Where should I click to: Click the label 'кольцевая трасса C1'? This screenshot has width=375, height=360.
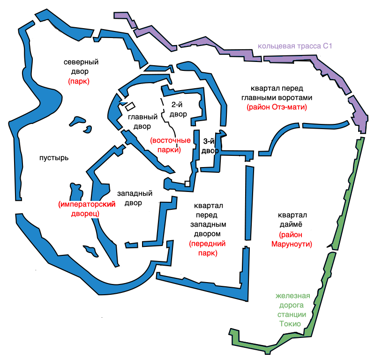coord(294,46)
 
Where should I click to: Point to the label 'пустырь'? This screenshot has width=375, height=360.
coord(53,158)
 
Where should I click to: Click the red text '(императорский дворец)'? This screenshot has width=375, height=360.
coord(86,208)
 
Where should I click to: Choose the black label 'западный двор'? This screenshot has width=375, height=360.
coord(135,198)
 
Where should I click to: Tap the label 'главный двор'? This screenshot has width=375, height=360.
coord(142,122)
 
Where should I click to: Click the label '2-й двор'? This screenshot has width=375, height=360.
coord(178,109)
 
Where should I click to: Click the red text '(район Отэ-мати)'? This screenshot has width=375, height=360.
coord(277,107)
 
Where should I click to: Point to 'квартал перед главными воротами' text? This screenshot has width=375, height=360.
coord(281,93)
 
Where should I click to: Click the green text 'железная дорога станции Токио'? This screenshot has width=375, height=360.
coord(293,310)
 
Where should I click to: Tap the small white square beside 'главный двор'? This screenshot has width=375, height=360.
coord(129,107)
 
